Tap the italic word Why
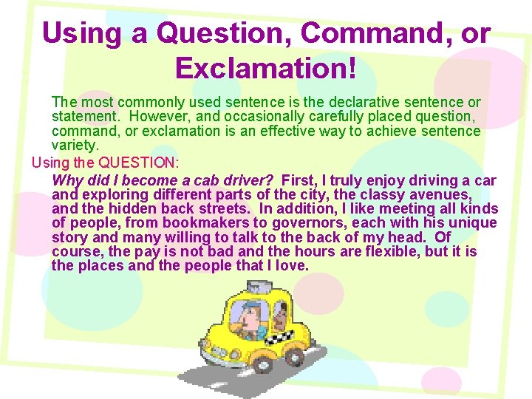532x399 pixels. tap(67, 181)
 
